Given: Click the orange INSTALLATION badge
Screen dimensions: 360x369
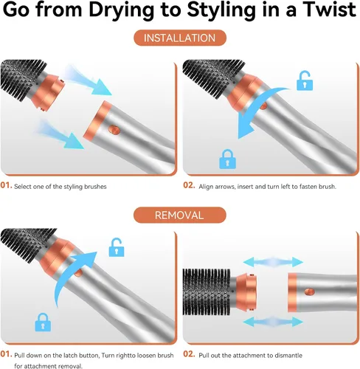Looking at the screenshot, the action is click(x=180, y=38).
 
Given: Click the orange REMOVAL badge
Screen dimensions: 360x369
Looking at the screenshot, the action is click(x=180, y=215).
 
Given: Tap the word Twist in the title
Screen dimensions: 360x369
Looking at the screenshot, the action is click(x=329, y=10).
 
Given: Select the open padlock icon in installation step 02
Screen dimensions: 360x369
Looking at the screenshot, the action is click(x=305, y=80).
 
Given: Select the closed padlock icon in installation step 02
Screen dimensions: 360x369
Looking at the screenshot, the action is click(x=227, y=159).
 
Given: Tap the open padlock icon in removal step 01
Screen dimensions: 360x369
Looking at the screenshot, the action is click(x=117, y=247).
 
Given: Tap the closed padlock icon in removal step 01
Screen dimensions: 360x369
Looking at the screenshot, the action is click(x=43, y=322).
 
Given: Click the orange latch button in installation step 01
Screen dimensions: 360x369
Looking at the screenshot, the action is click(x=114, y=129).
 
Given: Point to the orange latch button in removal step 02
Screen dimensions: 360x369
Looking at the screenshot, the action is click(x=309, y=292).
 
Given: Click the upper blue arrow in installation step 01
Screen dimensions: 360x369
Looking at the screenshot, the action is click(x=89, y=80).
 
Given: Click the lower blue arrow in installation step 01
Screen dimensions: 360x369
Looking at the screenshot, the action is click(x=60, y=134).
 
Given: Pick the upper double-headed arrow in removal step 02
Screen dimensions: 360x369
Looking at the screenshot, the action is click(x=273, y=262).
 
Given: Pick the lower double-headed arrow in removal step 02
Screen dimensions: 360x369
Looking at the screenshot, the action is click(x=273, y=322).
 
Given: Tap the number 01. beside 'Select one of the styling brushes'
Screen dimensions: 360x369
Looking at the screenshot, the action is click(x=6, y=185).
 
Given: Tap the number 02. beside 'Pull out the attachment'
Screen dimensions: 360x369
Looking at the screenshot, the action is click(x=189, y=354).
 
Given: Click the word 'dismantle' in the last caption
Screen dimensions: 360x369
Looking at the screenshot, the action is click(x=288, y=356).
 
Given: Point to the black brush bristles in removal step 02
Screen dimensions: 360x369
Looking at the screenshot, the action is click(x=207, y=292).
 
